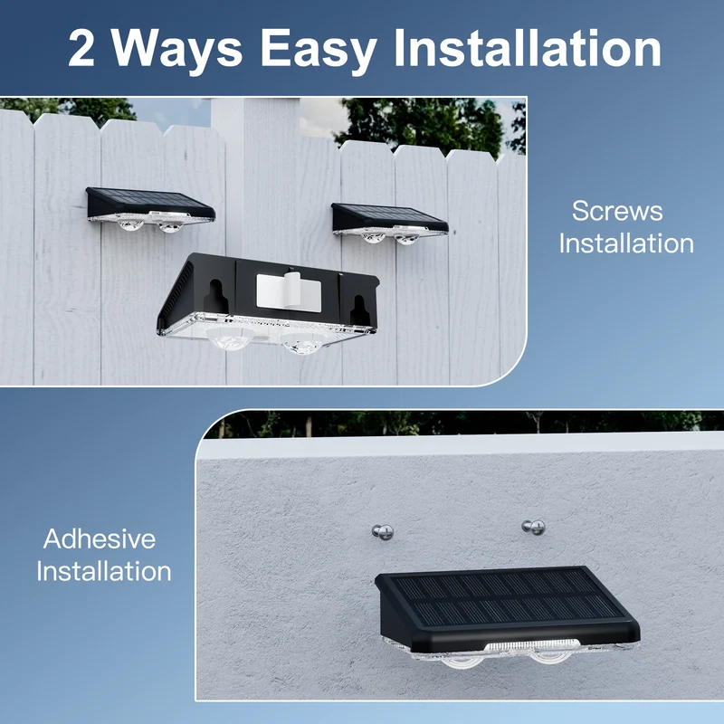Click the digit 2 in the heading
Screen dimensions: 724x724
(81, 49)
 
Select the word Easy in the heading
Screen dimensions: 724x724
(319, 52)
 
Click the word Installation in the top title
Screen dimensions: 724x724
(528, 48)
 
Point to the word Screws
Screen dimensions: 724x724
(617, 211)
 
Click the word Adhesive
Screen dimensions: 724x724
(100, 538)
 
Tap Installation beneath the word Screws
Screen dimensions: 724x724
(626, 243)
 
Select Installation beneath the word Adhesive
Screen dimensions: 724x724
(104, 571)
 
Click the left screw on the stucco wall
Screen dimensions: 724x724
(383, 532)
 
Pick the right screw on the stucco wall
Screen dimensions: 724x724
(534, 527)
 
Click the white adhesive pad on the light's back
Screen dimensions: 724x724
(289, 292)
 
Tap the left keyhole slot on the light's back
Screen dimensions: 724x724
(215, 297)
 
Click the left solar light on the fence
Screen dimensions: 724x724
(150, 210)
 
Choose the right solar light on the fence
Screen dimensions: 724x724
(389, 224)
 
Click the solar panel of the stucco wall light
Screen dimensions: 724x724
(508, 597)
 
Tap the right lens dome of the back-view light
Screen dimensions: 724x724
(302, 344)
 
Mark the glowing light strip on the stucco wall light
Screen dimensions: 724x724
(531, 646)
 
